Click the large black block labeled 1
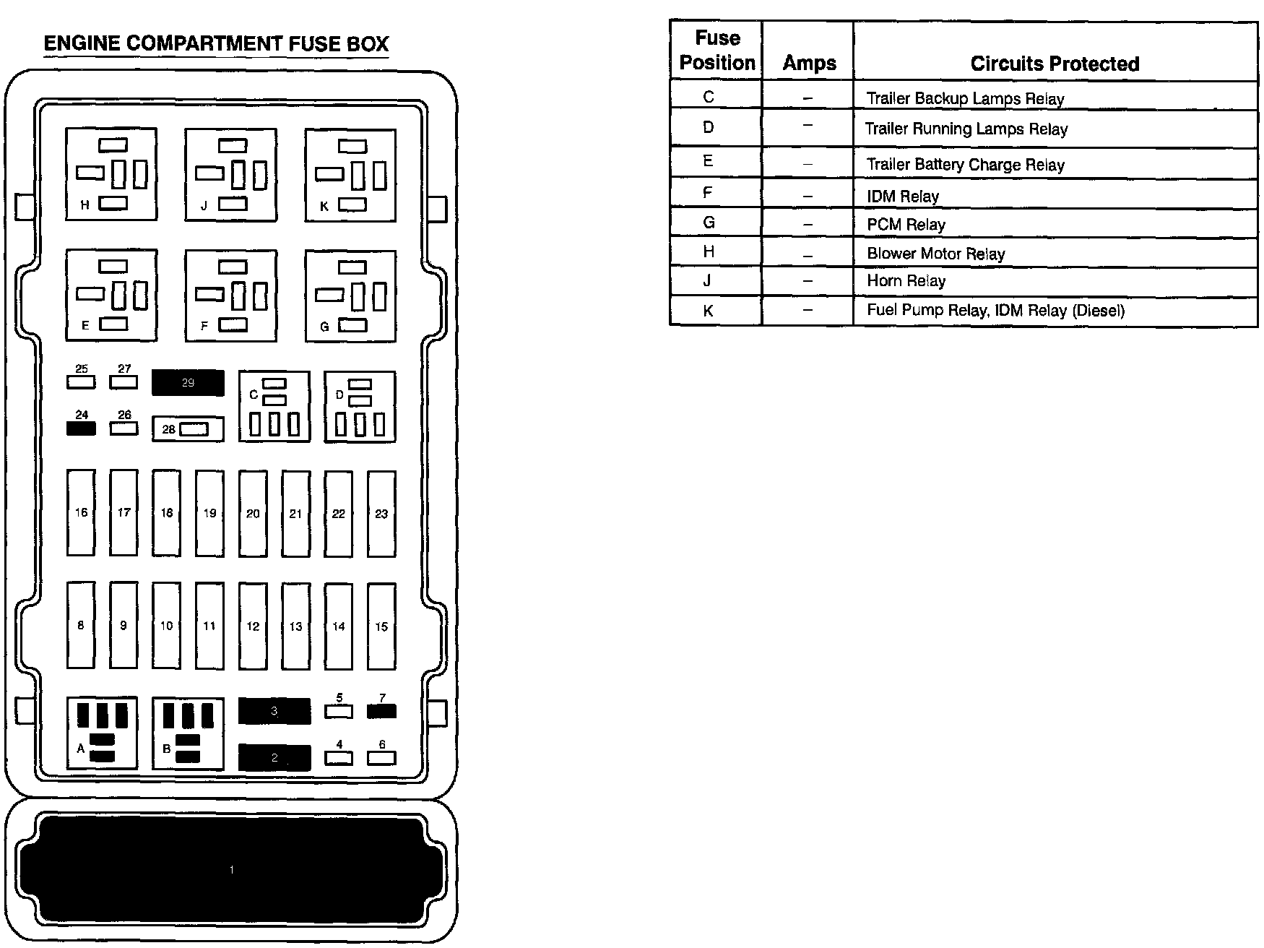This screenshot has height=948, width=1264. coord(231,870)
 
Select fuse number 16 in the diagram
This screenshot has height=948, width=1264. coord(81,513)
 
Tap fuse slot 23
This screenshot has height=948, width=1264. coord(381,514)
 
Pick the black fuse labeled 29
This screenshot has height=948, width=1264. coord(188,383)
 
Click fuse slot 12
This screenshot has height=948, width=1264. coord(253,626)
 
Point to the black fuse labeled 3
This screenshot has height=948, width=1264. coord(274,711)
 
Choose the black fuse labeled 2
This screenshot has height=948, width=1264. coord(274,757)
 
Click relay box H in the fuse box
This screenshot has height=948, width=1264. coord(111,174)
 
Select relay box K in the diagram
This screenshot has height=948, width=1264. coord(350,175)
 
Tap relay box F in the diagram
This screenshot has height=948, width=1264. coord(231,296)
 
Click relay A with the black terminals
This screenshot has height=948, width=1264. coord(103,733)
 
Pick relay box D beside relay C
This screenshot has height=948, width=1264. coord(360,407)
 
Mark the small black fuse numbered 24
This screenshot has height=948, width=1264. coord(81,428)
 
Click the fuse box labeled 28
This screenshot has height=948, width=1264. coord(188,429)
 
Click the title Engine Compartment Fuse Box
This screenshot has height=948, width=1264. coord(216,44)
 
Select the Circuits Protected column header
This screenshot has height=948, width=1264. coord(1055,64)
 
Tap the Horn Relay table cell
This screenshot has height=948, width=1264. coord(906,281)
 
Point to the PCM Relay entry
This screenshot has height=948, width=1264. coord(906,225)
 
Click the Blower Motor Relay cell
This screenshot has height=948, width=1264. coord(935,254)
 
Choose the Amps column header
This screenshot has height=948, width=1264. coord(809,64)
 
